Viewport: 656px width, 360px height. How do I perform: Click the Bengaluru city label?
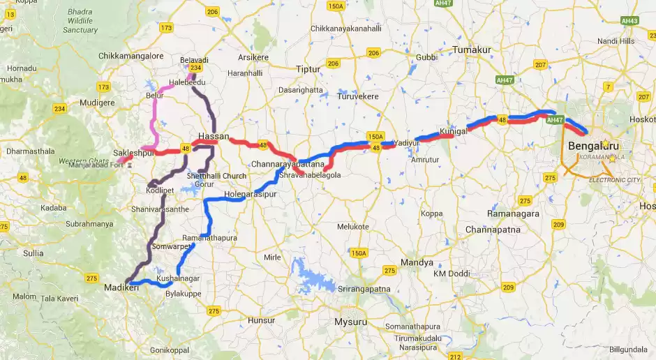click(594, 146)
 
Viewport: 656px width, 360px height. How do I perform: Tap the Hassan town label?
click(214, 136)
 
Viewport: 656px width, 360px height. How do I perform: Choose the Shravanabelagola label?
click(310, 175)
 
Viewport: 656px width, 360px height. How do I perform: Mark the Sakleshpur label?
click(133, 153)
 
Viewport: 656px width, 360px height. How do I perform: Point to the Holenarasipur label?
click(251, 194)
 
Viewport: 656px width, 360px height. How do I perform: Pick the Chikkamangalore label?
click(131, 55)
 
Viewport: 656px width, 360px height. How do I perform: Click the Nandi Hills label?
click(616, 41)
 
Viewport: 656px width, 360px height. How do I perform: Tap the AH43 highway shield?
click(629, 21)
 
